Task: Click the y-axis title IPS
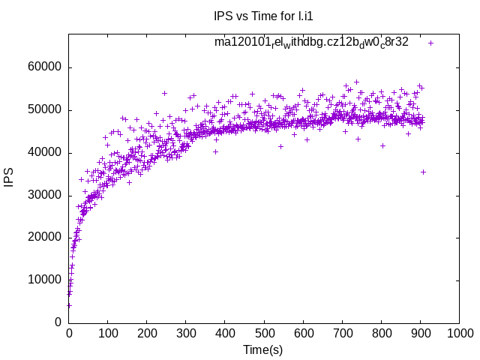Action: click(10, 178)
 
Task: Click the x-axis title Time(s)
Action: click(262, 349)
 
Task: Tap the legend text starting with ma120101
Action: click(311, 42)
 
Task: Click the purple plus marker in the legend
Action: click(430, 43)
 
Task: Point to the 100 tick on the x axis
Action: click(108, 334)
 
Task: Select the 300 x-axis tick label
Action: click(186, 334)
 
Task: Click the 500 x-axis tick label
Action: click(264, 334)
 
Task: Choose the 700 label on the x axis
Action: click(342, 334)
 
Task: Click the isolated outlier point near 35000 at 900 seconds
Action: click(423, 172)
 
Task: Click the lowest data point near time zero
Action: click(69, 305)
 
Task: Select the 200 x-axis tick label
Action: click(147, 334)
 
